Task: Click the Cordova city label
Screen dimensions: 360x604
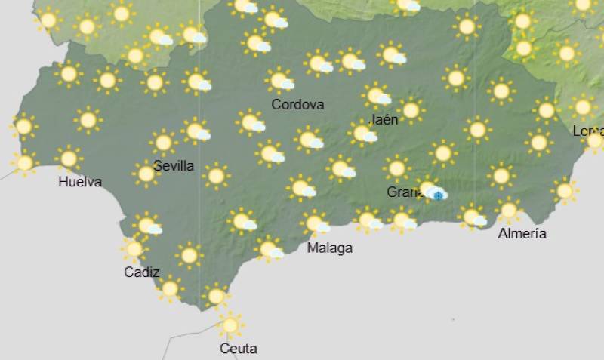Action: [297, 105]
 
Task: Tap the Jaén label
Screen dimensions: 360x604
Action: [384, 119]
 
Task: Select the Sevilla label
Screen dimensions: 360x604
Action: [174, 165]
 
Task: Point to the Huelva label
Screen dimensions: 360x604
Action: [80, 182]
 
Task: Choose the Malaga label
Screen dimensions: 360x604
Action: [330, 248]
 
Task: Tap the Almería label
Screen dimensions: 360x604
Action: [522, 233]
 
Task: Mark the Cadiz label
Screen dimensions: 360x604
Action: [142, 272]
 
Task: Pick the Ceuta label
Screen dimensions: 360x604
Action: [238, 349]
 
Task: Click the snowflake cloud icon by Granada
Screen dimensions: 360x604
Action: [437, 194]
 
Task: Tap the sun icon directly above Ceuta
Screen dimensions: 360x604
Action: [230, 325]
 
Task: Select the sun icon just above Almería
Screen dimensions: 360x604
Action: [508, 210]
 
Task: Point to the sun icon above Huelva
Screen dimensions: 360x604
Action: [69, 158]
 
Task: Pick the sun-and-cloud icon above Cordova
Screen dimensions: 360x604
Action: [281, 80]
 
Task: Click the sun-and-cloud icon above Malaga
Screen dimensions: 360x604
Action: [316, 223]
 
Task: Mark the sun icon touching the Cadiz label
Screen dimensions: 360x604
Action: [134, 248]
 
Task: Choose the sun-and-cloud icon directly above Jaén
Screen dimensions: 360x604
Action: [377, 95]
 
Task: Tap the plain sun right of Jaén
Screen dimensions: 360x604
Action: [411, 110]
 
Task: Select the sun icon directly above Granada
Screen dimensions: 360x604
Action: [396, 168]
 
